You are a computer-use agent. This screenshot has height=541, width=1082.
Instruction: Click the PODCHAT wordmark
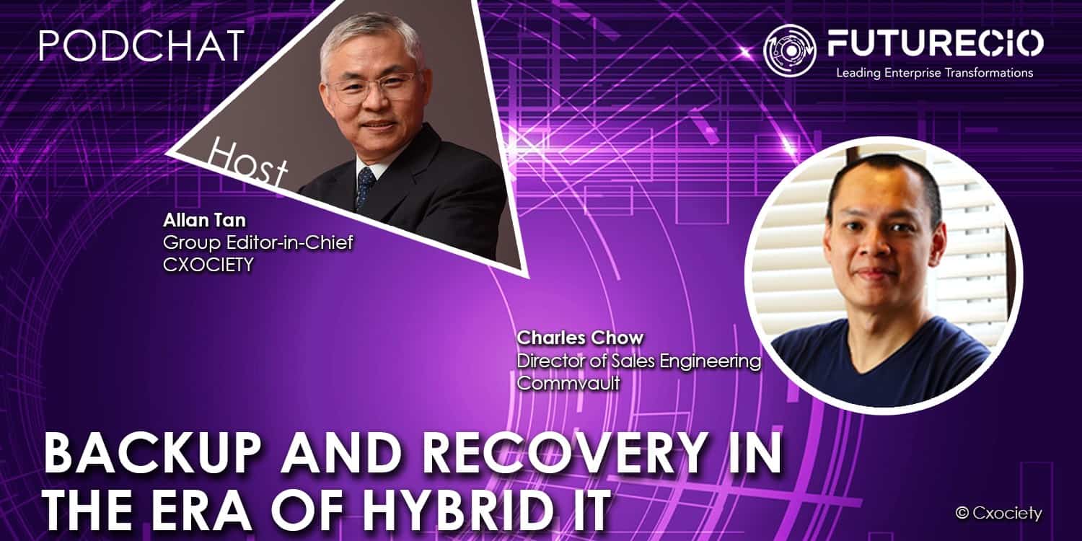141,46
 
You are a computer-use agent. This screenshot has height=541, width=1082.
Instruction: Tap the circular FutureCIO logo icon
790,50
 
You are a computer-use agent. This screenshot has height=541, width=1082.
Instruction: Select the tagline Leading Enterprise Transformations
935,73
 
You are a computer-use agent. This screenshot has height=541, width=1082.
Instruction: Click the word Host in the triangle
247,163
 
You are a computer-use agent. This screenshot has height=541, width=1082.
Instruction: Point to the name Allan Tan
204,220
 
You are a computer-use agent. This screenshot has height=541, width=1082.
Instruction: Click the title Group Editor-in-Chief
258,242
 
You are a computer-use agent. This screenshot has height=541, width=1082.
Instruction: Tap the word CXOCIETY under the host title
208,265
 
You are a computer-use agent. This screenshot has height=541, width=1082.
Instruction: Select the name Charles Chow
580,338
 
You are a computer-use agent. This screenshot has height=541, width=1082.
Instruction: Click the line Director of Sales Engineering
638,361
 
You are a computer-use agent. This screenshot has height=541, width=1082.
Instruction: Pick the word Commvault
568,383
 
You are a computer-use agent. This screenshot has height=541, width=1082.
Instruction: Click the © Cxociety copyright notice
998,514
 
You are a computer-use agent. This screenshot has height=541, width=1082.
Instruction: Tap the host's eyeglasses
372,87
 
